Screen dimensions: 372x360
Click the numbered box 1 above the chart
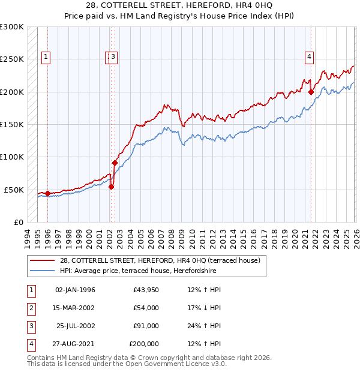[x=46, y=58]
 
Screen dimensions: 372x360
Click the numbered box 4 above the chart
[x=310, y=58]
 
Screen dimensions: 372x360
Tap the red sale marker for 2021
[x=311, y=92]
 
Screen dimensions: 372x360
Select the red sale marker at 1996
[x=47, y=193]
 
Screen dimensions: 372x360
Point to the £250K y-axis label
[x=13, y=59]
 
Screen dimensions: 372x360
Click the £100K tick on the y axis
[x=13, y=157]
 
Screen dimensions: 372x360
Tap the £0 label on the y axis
[x=18, y=222]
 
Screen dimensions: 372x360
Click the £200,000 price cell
[x=144, y=344]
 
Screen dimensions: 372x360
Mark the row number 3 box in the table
[x=31, y=326]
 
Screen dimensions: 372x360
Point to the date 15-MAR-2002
[x=75, y=308]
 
